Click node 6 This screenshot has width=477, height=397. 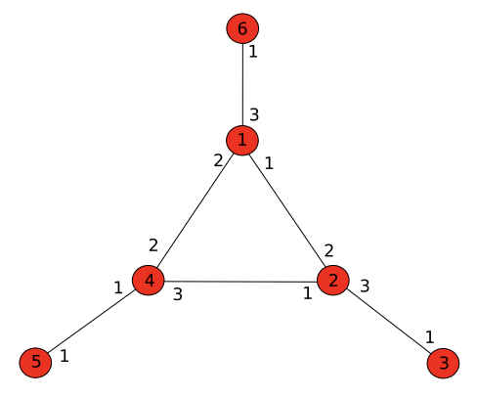point(242,28)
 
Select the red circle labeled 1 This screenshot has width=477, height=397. point(242,140)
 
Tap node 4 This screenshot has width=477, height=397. point(149,281)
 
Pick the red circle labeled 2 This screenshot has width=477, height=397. point(333,281)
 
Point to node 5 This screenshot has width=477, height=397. point(35,363)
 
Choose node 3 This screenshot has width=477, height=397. point(443,363)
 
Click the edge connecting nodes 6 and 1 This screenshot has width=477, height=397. point(242,84)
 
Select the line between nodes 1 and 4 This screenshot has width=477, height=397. point(195,210)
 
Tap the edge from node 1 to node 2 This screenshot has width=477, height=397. point(287,210)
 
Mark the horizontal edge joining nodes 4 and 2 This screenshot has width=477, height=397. point(240,282)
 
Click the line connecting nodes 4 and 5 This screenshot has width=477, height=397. point(92,322)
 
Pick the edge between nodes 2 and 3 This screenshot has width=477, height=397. point(388,321)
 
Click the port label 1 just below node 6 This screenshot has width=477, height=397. point(253,52)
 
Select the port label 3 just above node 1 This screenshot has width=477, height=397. point(254,114)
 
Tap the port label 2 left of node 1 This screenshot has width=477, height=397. point(218,160)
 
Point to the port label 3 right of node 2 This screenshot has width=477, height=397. point(365,286)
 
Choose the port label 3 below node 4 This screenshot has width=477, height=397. point(178,294)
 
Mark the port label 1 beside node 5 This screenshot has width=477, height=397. point(65,356)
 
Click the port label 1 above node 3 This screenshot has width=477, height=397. point(430,337)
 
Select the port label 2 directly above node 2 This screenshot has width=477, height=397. point(328,250)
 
